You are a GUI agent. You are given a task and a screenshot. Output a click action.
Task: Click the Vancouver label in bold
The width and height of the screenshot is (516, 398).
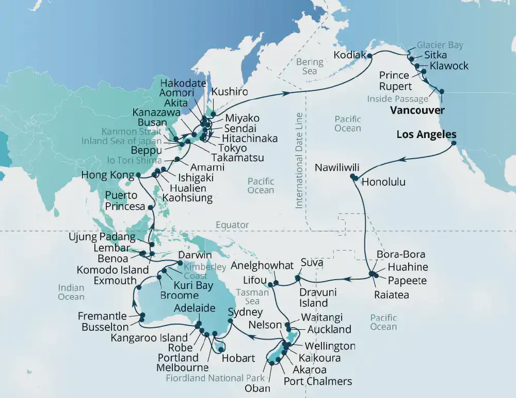click(417, 110)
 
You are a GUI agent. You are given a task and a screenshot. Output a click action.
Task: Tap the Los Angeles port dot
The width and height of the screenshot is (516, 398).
click(454, 143)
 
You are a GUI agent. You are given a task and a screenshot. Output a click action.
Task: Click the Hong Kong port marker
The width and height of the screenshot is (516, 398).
click(138, 175)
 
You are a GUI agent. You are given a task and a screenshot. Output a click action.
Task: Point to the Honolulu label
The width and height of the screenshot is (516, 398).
click(383, 182)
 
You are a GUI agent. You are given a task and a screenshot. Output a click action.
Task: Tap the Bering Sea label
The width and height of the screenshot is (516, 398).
click(310, 66)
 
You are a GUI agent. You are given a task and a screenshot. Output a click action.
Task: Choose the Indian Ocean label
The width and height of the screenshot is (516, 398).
click(71, 292)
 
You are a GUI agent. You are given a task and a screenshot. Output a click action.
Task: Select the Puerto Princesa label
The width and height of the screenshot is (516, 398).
click(121, 201)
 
